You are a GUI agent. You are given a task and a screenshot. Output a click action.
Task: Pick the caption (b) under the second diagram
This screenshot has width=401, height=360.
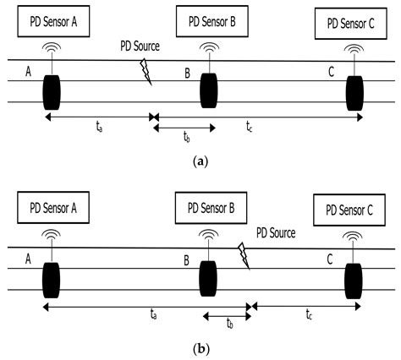click(200, 347)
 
